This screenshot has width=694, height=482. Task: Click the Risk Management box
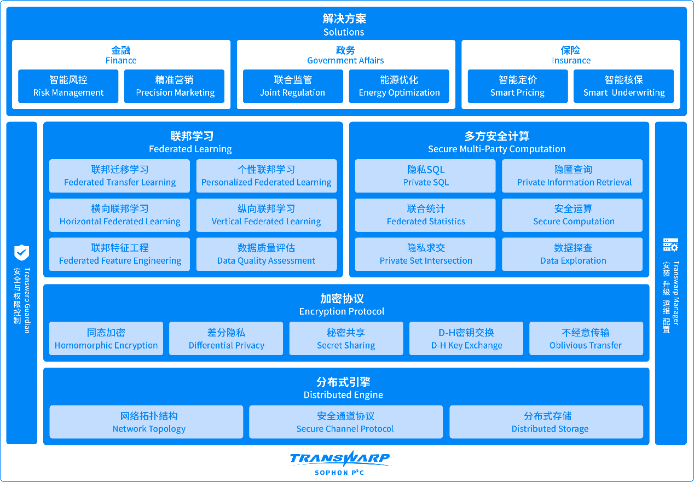68,86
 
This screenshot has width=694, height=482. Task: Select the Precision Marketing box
174,86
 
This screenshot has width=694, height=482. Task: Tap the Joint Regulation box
293,86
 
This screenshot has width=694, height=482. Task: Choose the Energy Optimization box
399,86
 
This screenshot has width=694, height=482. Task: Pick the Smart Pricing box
518,86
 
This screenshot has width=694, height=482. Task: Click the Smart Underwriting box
624,86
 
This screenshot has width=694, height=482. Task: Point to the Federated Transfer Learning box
120,176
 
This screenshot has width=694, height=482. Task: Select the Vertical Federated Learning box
267,216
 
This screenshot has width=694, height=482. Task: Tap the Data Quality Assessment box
267,254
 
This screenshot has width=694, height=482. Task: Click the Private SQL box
425,176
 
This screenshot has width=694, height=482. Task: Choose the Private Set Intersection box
425,254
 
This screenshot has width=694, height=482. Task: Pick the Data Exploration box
572,254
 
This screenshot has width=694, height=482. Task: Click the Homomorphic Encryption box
106,338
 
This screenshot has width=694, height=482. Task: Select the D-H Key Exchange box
466,338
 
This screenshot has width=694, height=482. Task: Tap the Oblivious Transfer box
586,338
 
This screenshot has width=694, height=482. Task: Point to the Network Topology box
146,422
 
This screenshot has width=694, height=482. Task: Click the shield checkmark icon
22,253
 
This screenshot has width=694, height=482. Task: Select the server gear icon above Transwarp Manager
670,245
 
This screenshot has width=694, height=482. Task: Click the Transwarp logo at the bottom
340,463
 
